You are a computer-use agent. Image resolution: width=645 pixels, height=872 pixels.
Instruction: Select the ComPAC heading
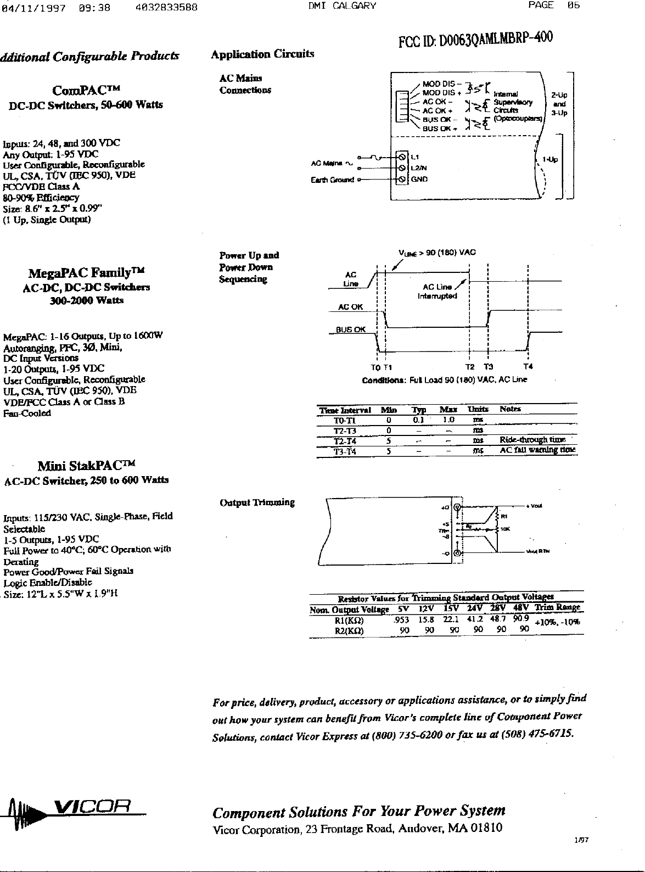pyautogui.click(x=86, y=90)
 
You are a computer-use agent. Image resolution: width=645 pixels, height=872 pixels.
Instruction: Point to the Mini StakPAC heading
pyautogui.click(x=86, y=467)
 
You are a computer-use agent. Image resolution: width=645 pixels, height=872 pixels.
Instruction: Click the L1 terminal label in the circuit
pyautogui.click(x=415, y=156)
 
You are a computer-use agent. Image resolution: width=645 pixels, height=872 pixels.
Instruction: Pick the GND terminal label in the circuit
pyautogui.click(x=419, y=179)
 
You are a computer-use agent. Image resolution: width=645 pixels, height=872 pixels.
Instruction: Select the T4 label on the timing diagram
pyautogui.click(x=528, y=367)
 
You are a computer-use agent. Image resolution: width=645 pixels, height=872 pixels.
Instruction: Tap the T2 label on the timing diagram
pyautogui.click(x=470, y=367)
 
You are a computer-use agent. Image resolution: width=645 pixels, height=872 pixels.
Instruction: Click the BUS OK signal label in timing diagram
pyautogui.click(x=351, y=329)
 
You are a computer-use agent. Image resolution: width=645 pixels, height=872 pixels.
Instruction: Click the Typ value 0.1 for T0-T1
pyautogui.click(x=419, y=420)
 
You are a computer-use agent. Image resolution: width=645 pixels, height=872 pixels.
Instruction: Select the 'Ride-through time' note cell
pyautogui.click(x=532, y=440)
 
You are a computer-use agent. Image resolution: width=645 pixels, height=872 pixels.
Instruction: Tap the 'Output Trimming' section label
pyautogui.click(x=257, y=502)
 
